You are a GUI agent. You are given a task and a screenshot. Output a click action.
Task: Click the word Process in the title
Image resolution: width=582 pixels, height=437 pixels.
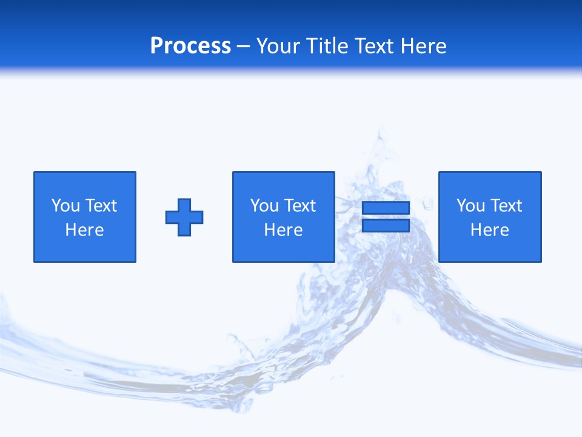[190, 46]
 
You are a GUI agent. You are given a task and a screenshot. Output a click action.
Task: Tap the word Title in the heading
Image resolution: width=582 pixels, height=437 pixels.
[328, 46]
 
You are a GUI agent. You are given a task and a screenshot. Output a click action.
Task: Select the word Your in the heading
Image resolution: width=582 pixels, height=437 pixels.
[278, 46]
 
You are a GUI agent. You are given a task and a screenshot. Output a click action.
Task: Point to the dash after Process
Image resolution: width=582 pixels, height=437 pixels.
[243, 47]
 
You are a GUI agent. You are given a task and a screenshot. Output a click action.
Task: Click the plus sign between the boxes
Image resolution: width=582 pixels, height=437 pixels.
[184, 217]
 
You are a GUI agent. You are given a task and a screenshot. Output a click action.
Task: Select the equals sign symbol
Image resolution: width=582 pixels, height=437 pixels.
[386, 217]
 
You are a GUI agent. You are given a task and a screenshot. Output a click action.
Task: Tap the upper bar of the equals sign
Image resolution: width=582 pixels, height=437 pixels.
[386, 208]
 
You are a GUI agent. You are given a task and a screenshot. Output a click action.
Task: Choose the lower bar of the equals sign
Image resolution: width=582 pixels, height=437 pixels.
[386, 225]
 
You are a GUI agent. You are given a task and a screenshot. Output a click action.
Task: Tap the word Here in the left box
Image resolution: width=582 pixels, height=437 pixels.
[85, 230]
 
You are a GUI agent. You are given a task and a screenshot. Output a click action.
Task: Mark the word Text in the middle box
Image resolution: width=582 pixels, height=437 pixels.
[300, 206]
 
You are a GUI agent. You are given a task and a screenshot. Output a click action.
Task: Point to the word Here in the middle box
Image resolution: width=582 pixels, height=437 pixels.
[283, 230]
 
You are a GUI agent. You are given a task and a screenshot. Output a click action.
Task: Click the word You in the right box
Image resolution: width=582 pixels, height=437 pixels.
[470, 206]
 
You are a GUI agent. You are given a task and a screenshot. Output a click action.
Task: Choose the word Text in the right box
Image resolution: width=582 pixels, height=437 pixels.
[506, 206]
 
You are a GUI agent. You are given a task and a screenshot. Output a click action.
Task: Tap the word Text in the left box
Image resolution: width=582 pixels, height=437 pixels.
[101, 206]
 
